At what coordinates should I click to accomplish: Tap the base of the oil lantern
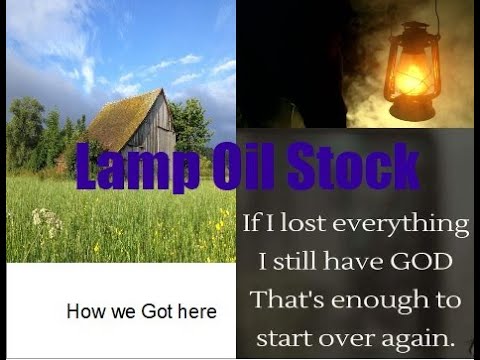(x=411, y=113)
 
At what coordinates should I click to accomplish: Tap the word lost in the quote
(x=297, y=223)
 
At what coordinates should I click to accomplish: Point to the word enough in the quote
(x=375, y=299)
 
